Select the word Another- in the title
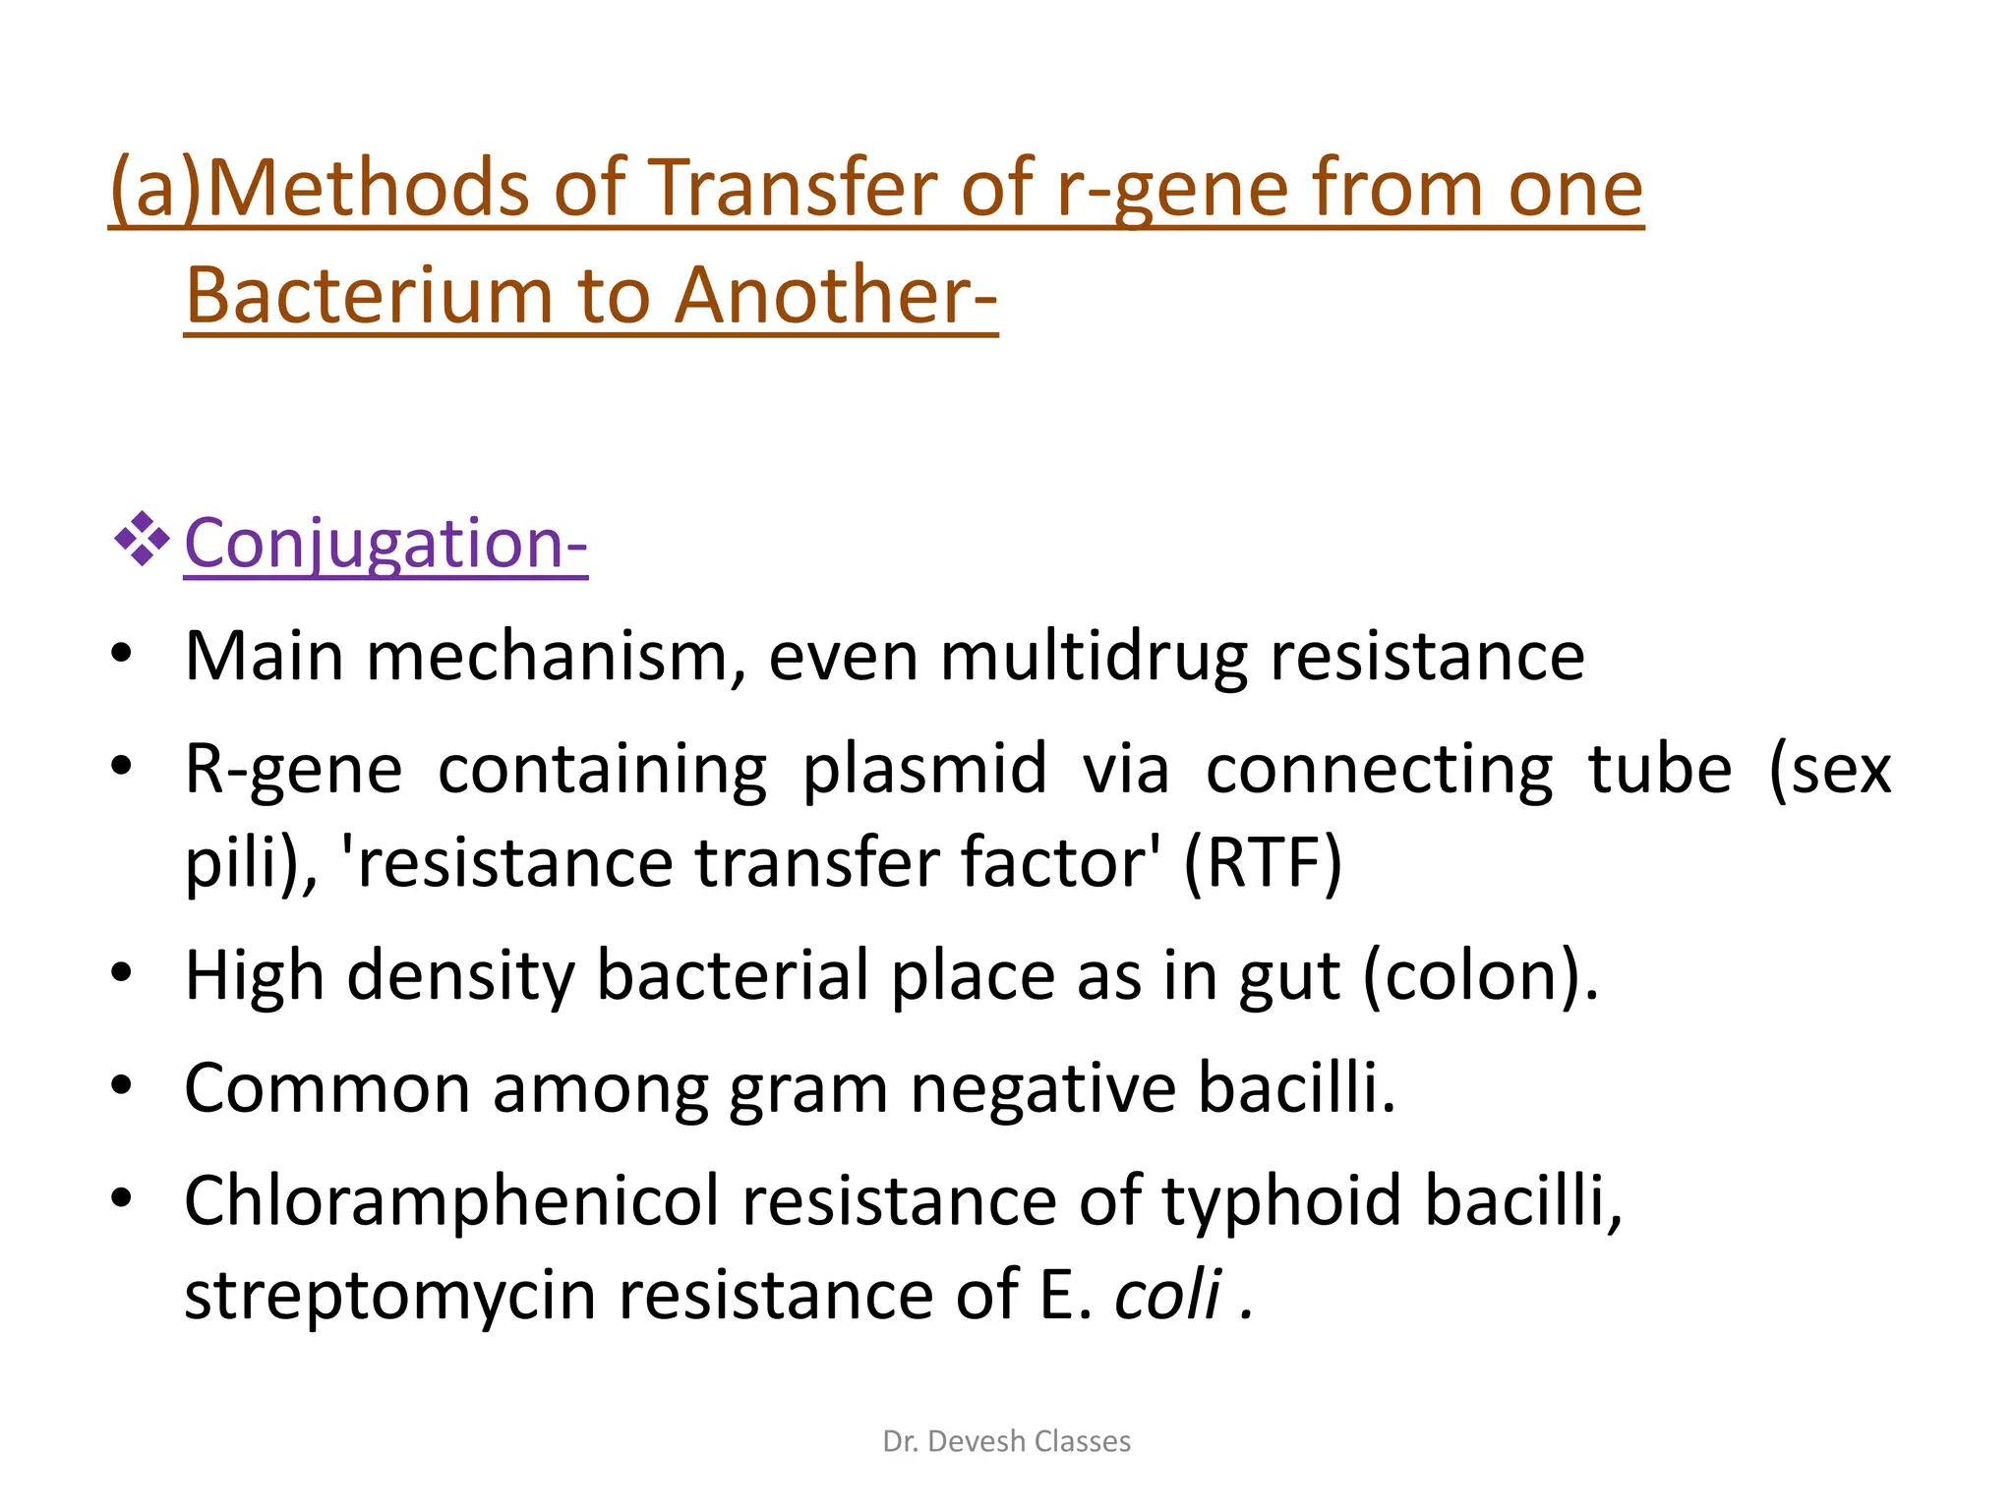tap(836, 295)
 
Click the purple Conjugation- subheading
tap(385, 543)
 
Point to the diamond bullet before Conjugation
tap(142, 539)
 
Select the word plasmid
tap(924, 769)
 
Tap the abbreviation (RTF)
tap(1263, 862)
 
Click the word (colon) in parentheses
tap(1480, 975)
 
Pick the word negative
tap(1042, 1088)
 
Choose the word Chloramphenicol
tap(451, 1201)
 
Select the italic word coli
tap(1168, 1295)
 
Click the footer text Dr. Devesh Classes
tap(1007, 1441)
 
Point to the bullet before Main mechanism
tap(121, 654)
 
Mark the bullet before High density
tap(121, 973)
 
